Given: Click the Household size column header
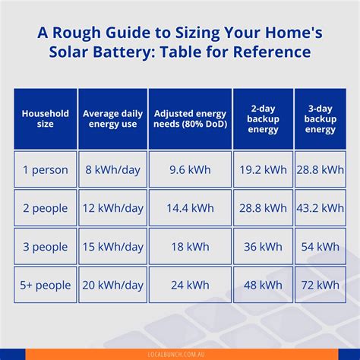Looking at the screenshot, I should pyautogui.click(x=45, y=118).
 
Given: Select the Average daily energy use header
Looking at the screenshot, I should pyautogui.click(x=112, y=118).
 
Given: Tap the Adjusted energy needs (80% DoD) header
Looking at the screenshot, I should pyautogui.click(x=190, y=118).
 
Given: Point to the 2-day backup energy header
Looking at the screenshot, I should pyautogui.click(x=263, y=118).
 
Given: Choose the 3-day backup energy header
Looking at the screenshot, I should pyautogui.click(x=321, y=118).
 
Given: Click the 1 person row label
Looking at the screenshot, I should pyautogui.click(x=45, y=169).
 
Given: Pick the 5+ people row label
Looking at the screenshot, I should pyautogui.click(x=45, y=285).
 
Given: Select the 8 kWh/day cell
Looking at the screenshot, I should pyautogui.click(x=112, y=169).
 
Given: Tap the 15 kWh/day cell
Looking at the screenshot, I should pyautogui.click(x=112, y=247).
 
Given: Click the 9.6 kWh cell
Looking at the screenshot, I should pyautogui.click(x=190, y=169).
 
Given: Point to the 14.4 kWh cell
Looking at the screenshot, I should pyautogui.click(x=190, y=208).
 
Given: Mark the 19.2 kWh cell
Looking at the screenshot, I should pyautogui.click(x=263, y=169).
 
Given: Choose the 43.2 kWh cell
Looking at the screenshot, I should pyautogui.click(x=321, y=208).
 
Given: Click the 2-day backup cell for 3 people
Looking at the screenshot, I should pyautogui.click(x=263, y=247).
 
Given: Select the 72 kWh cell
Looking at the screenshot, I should pyautogui.click(x=321, y=285).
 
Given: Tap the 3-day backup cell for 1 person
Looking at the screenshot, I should pyautogui.click(x=321, y=169).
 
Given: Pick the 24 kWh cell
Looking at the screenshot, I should pyautogui.click(x=190, y=285).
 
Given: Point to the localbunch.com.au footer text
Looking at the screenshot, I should pyautogui.click(x=180, y=354).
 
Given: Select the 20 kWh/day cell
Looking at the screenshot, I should pyautogui.click(x=112, y=285).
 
